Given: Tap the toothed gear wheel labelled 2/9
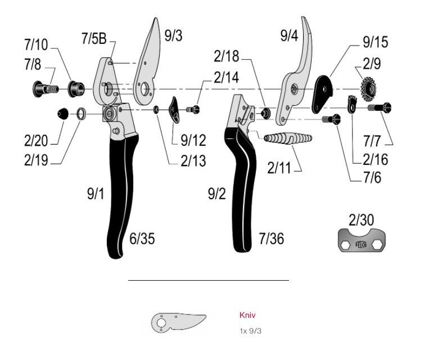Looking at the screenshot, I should point(369,89).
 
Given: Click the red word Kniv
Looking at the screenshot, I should point(247,316).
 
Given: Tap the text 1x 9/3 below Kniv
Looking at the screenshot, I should point(250,330).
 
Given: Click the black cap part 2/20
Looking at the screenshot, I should point(63,114).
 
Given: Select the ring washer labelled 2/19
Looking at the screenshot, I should point(82,115).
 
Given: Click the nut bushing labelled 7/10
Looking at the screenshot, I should point(74,88).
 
